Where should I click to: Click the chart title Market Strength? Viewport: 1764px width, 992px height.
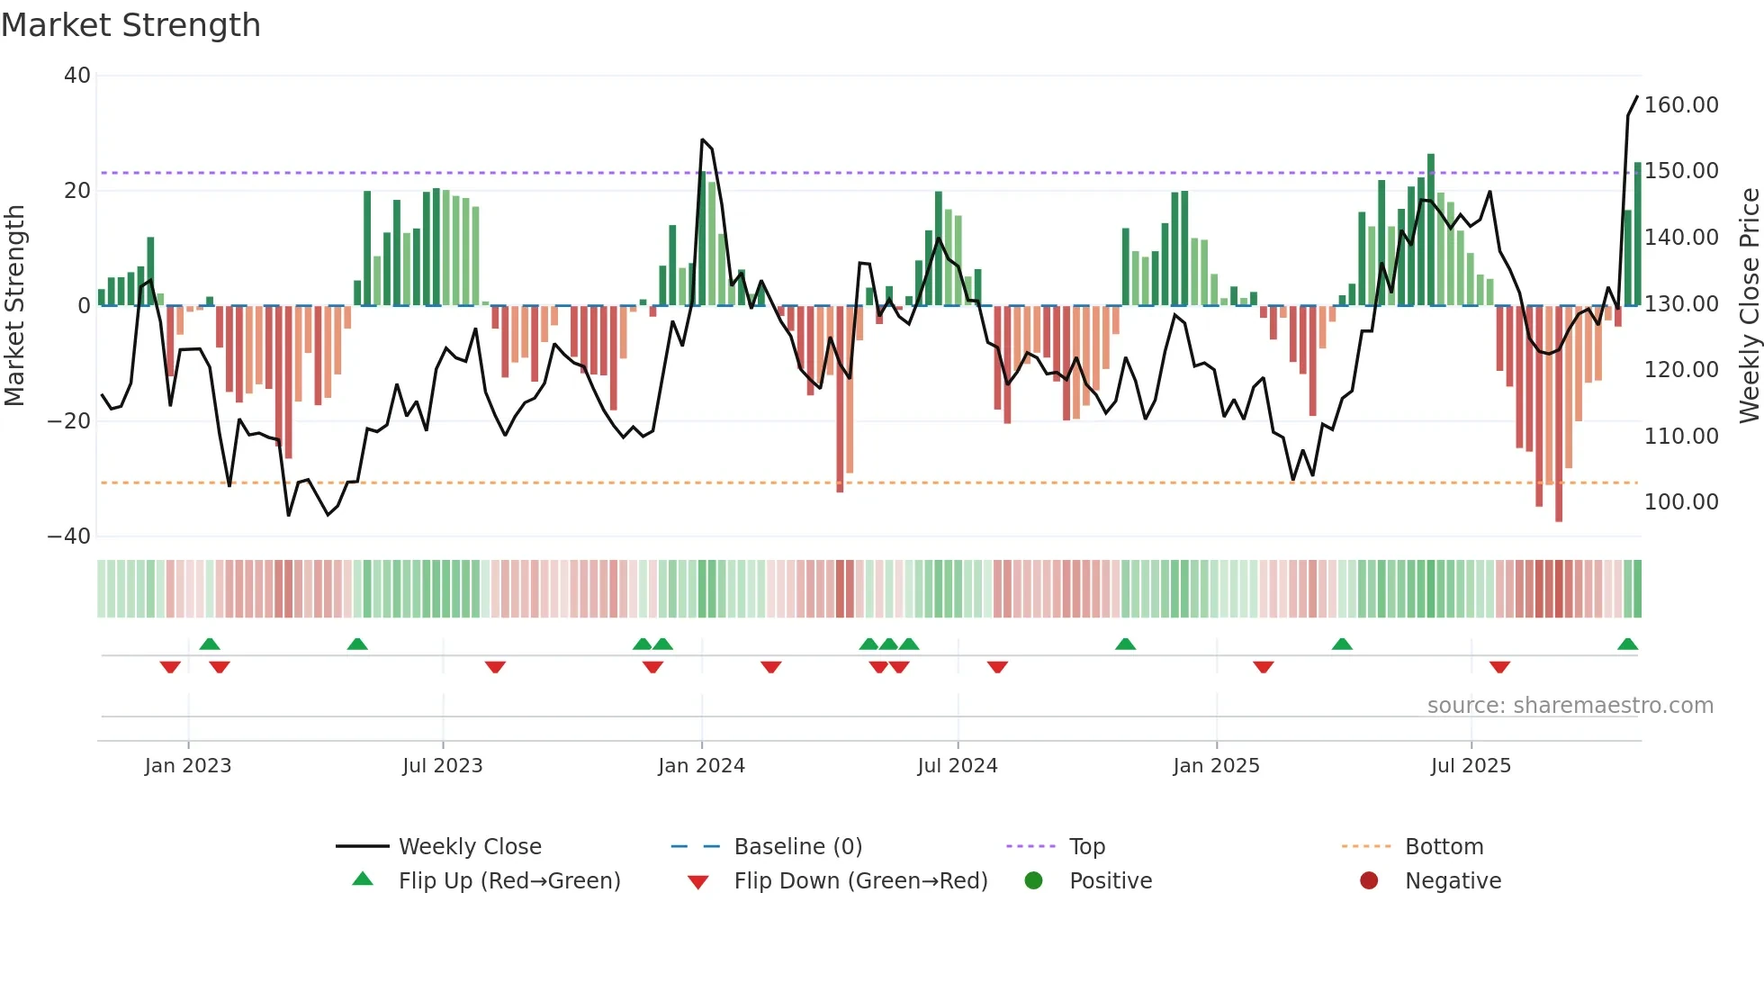(x=130, y=25)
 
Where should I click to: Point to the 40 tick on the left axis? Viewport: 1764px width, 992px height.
(x=77, y=76)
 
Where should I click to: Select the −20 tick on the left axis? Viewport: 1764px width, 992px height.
(x=70, y=420)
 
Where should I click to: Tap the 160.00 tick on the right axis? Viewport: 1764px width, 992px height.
(x=1681, y=105)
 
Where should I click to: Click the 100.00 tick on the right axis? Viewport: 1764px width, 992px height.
(x=1681, y=502)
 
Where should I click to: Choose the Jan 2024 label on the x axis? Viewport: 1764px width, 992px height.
(x=701, y=766)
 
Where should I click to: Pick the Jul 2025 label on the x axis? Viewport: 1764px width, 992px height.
(x=1471, y=766)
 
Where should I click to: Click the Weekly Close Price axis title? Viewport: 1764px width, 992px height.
(x=1749, y=306)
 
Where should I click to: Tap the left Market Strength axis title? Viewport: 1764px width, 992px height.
(x=14, y=306)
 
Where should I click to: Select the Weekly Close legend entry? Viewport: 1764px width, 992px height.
(x=470, y=847)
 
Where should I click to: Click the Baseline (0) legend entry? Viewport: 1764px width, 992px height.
(x=797, y=847)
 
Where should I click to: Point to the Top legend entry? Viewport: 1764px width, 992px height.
(x=1086, y=847)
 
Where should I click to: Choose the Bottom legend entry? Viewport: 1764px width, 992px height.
(x=1444, y=847)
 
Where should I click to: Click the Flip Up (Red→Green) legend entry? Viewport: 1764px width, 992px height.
(x=509, y=881)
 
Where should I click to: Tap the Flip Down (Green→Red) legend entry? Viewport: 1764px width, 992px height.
(x=860, y=881)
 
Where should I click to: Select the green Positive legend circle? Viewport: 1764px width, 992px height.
(x=1033, y=881)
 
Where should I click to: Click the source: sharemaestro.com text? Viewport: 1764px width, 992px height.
(x=1570, y=706)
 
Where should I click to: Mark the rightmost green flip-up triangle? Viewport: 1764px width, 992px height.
(x=1627, y=645)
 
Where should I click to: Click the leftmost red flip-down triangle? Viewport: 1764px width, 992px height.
(x=170, y=667)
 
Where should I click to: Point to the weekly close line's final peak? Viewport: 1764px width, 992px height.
(x=1637, y=96)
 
